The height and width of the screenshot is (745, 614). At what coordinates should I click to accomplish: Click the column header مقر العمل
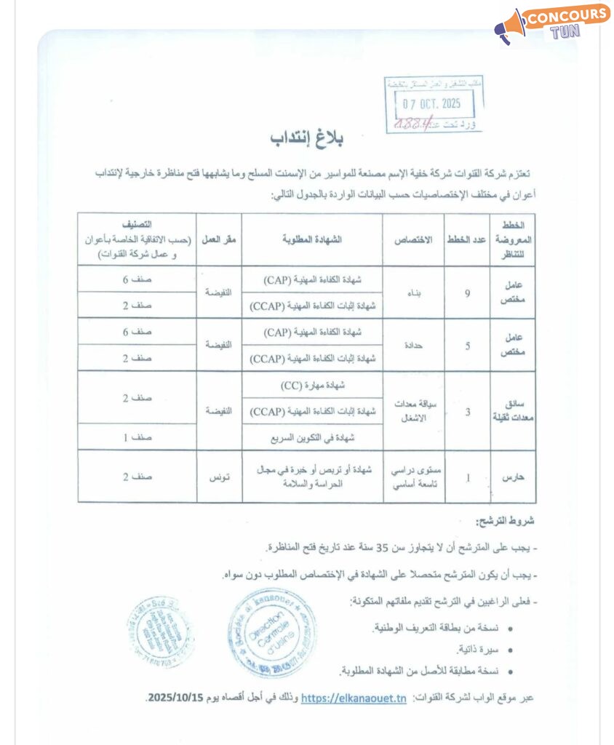219,239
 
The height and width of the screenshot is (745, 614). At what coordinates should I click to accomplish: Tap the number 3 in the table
467,411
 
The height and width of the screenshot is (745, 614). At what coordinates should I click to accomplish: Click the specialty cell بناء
415,292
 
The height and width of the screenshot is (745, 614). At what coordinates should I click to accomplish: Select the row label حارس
518,477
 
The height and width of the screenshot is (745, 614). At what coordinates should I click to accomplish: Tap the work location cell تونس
219,477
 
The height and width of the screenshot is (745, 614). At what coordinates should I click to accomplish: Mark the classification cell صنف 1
137,437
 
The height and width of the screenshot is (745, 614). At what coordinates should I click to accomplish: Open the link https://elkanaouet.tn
354,698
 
